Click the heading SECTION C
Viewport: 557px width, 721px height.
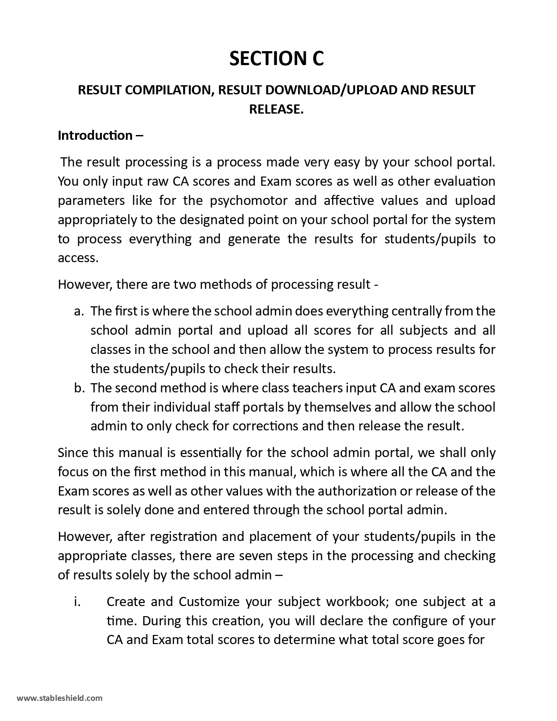click(x=277, y=59)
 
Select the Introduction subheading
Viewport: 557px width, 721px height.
click(x=100, y=135)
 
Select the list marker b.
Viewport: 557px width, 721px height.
click(x=79, y=388)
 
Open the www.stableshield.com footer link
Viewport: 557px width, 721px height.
click(x=60, y=698)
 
